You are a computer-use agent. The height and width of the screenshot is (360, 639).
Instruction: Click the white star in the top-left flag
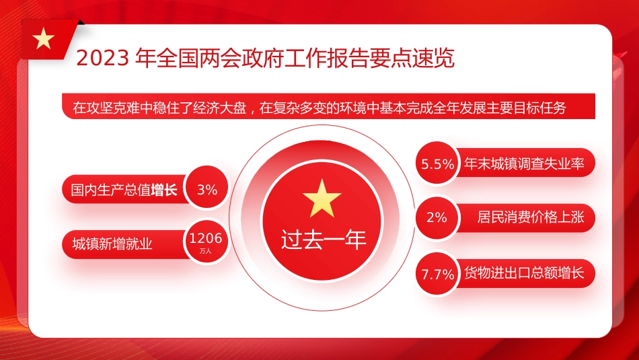pyautogui.click(x=44, y=39)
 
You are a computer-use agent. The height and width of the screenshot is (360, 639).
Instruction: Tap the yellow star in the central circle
pyautogui.click(x=322, y=198)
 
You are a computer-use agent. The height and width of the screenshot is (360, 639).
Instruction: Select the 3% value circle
pyautogui.click(x=207, y=190)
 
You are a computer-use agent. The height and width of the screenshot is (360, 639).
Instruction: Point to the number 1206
pyautogui.click(x=205, y=238)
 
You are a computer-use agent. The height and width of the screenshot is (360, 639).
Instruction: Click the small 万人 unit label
pyautogui.click(x=205, y=250)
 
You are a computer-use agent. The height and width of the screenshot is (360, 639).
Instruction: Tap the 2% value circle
pyautogui.click(x=437, y=217)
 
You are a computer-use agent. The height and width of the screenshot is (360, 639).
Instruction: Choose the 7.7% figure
pyautogui.click(x=437, y=275)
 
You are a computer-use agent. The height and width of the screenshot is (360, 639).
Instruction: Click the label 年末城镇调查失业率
pyautogui.click(x=524, y=163)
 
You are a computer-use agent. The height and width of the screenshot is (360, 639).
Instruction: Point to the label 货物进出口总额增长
pyautogui.click(x=524, y=273)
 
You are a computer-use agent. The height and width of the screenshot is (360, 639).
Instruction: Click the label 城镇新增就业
pyautogui.click(x=112, y=244)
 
